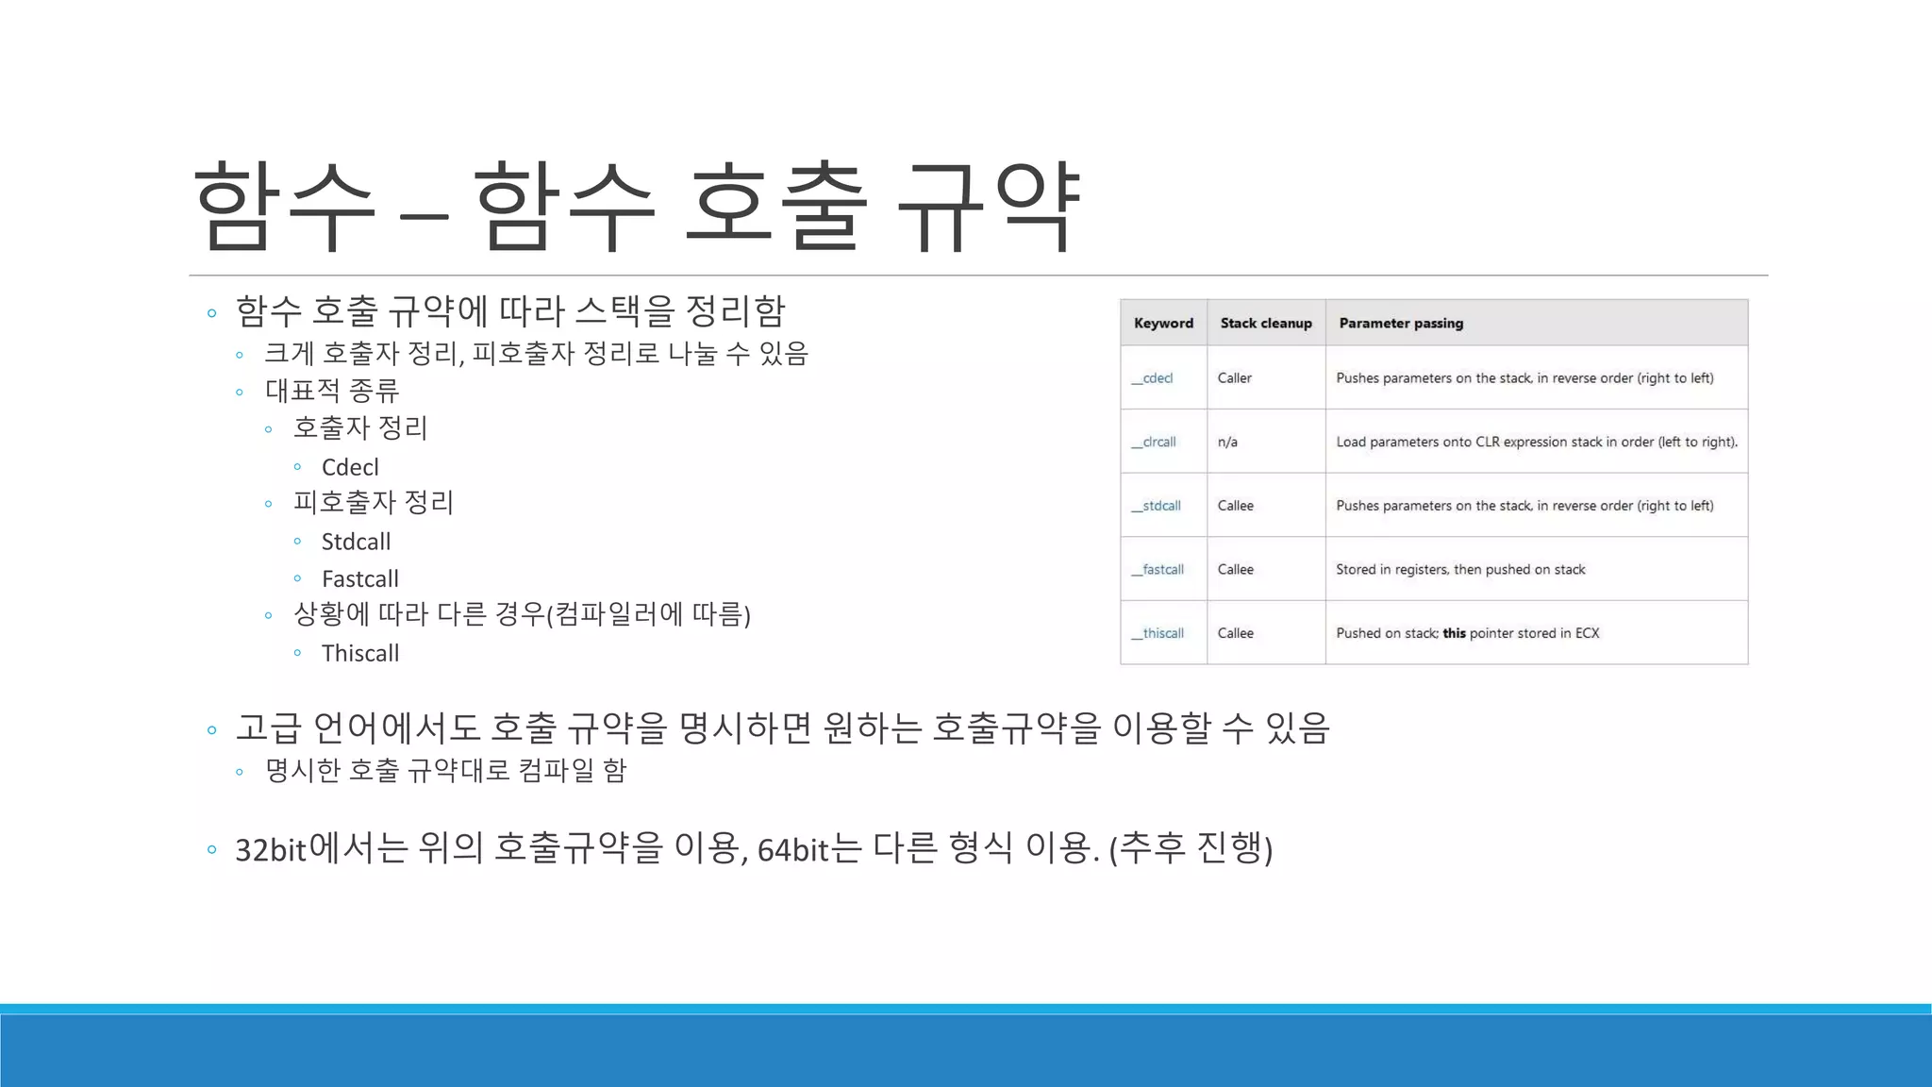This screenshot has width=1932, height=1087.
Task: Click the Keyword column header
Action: pos(1163,323)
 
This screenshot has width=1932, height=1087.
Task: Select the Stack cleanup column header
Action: pos(1266,323)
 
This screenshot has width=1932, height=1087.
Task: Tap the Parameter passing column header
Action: pos(1401,323)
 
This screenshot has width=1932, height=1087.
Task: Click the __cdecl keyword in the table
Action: pos(1153,378)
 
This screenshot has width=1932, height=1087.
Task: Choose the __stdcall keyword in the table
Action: pos(1157,506)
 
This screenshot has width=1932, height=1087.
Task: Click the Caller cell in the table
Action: pos(1235,378)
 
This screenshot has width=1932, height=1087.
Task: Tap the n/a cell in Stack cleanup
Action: pos(1227,442)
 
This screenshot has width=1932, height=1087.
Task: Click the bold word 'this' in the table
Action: pos(1454,633)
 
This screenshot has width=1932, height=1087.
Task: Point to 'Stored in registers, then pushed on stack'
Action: pos(1460,570)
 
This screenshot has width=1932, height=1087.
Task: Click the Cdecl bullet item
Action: pos(350,467)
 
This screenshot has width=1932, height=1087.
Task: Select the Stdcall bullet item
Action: pos(356,542)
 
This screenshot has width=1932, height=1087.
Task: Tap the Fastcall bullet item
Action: pos(360,578)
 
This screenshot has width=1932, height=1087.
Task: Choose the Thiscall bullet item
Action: pos(360,653)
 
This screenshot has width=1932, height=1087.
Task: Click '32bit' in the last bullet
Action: pos(271,850)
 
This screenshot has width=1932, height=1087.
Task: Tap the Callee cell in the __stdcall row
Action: pos(1236,506)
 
